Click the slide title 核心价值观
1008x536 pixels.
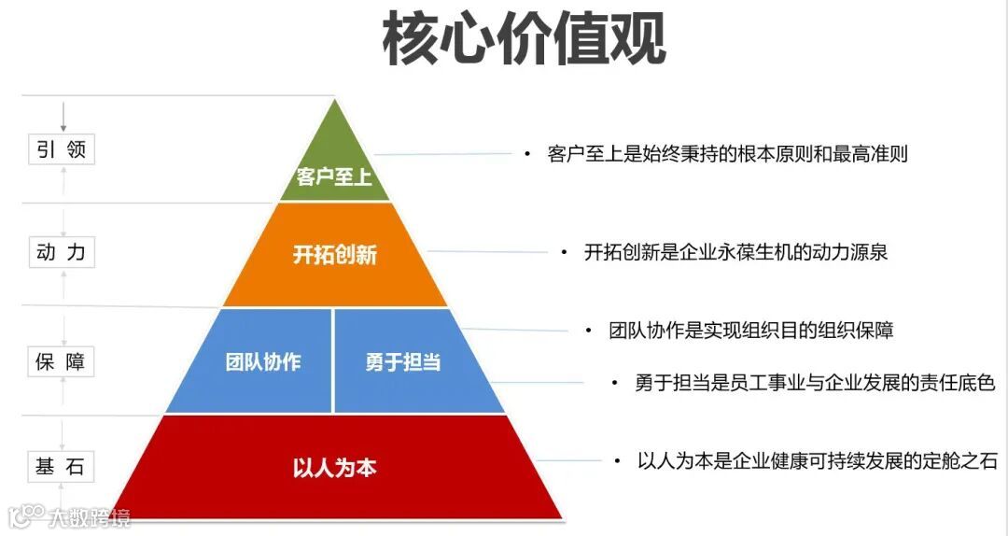pos(524,39)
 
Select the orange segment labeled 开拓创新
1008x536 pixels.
pos(334,254)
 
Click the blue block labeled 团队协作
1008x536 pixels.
pos(262,361)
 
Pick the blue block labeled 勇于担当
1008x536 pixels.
pos(403,361)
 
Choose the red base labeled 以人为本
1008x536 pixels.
pos(334,467)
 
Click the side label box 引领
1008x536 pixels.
pos(62,149)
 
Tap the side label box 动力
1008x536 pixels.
pos(62,252)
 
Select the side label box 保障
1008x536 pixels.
pos(62,361)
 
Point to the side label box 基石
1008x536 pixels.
pos(62,467)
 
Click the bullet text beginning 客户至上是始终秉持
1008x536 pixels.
pos(727,154)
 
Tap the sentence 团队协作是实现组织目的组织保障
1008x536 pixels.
pos(751,331)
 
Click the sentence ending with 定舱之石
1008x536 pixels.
pos(817,460)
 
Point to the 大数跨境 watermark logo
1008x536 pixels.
pos(69,516)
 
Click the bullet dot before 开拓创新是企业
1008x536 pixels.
pos(563,253)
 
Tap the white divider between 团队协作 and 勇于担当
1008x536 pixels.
pos(333,360)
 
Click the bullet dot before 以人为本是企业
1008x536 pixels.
pos(617,460)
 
